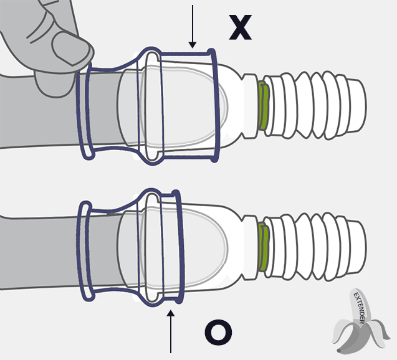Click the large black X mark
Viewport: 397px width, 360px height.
(241, 27)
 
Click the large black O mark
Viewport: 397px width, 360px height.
(218, 333)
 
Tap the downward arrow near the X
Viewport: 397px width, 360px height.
(193, 26)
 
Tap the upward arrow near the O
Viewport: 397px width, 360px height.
(171, 331)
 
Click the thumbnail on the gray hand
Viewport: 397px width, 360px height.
(72, 49)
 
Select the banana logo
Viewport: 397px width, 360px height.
(360, 321)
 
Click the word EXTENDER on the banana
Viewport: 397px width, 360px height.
(359, 308)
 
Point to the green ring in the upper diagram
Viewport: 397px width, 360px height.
(263, 106)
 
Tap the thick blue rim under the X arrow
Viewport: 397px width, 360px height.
(215, 105)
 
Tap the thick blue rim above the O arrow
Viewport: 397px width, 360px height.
(179, 247)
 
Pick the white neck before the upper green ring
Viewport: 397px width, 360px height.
(250, 106)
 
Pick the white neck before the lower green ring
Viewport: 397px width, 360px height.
(250, 248)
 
